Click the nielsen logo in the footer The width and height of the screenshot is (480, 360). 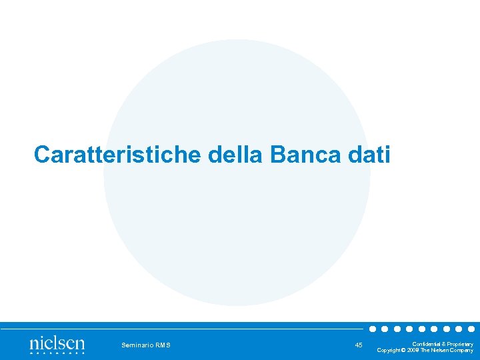pos(57,344)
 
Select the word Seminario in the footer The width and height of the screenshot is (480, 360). pos(137,345)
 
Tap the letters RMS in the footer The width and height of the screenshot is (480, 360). pos(163,345)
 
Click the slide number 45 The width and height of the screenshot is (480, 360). pos(359,345)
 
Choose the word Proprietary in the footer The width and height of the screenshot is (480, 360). pos(459,343)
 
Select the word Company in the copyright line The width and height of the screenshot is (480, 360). pos(461,350)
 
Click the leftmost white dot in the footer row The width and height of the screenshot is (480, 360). pos(373,329)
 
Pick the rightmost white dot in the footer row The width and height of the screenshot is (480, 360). pos(471,329)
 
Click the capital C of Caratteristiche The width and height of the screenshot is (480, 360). pos(41,155)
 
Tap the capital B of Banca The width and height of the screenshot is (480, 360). pos(279,155)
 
